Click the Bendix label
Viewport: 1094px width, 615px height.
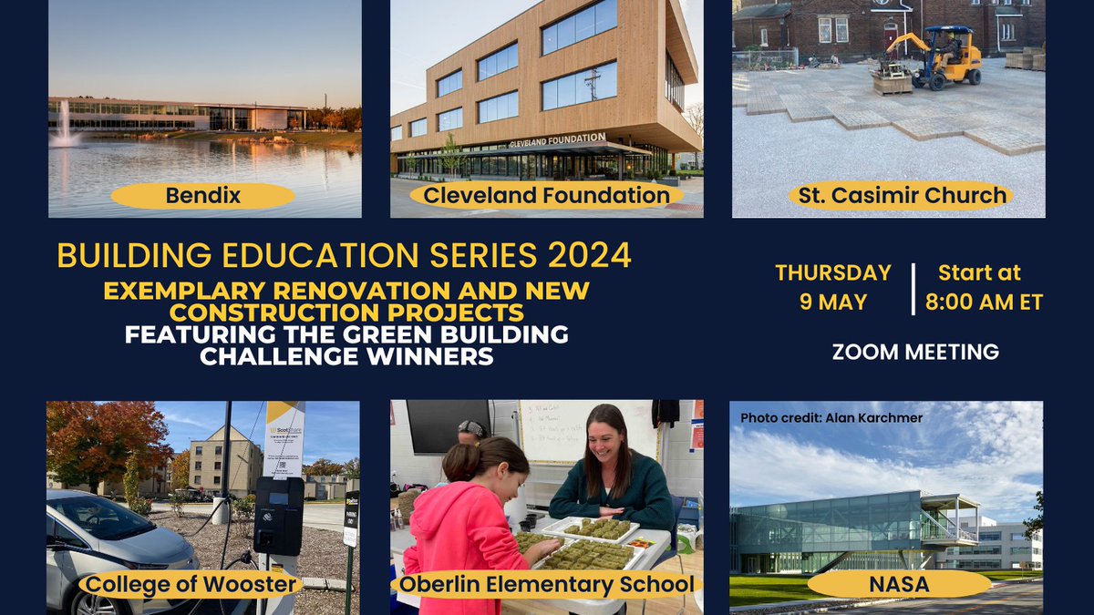click(x=202, y=196)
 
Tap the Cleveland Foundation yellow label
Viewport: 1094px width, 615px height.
click(x=547, y=195)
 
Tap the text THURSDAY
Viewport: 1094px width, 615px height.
click(x=832, y=273)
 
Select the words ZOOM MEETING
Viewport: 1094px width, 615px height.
click(x=915, y=352)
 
